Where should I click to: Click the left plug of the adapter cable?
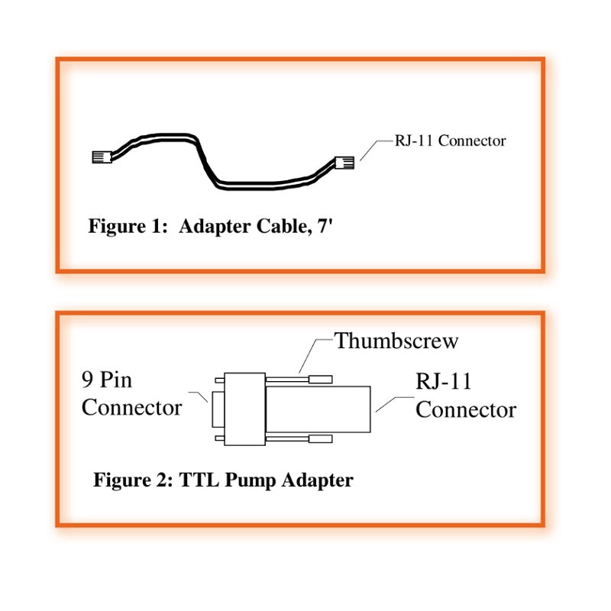100,157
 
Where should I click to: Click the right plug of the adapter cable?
344,163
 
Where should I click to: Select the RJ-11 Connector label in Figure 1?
450,141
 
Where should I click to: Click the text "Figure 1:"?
128,227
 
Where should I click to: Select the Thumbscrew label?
396,341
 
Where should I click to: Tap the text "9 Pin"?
107,379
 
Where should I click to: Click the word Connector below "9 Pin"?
131,407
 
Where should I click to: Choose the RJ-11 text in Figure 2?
444,381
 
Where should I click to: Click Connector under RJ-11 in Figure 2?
465,409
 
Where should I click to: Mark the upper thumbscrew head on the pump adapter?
319,377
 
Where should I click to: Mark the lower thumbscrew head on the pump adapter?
319,440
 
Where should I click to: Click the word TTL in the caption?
199,480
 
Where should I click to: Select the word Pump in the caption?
251,481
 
